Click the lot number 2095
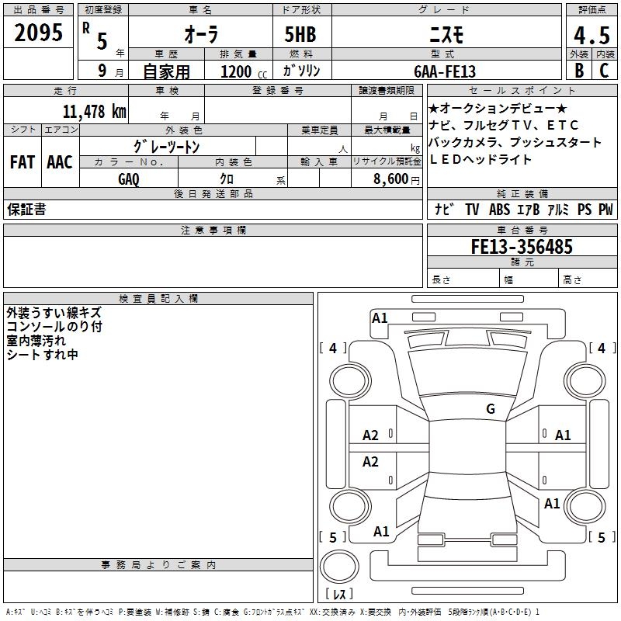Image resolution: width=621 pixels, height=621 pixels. pyautogui.click(x=38, y=33)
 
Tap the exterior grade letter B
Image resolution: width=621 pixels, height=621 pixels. pyautogui.click(x=578, y=70)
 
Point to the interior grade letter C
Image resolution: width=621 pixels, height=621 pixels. pyautogui.click(x=604, y=70)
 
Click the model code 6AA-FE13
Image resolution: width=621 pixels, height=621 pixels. pyautogui.click(x=445, y=71)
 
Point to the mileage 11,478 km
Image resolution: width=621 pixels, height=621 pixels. pyautogui.click(x=94, y=111)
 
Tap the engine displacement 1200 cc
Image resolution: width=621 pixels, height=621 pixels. pyautogui.click(x=240, y=71)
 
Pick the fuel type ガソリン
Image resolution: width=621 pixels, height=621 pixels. pyautogui.click(x=302, y=71)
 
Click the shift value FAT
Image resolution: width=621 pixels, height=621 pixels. pyautogui.click(x=22, y=162)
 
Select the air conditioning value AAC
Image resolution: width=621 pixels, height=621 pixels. pyautogui.click(x=59, y=162)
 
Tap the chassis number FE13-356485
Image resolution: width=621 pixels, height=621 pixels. pyautogui.click(x=522, y=247)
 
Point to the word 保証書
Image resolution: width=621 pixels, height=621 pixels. pyautogui.click(x=26, y=210)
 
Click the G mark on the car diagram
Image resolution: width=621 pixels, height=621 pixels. pyautogui.click(x=490, y=408)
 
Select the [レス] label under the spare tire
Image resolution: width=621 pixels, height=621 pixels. pyautogui.click(x=338, y=595)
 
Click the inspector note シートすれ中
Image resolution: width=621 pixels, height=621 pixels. pyautogui.click(x=42, y=355)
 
